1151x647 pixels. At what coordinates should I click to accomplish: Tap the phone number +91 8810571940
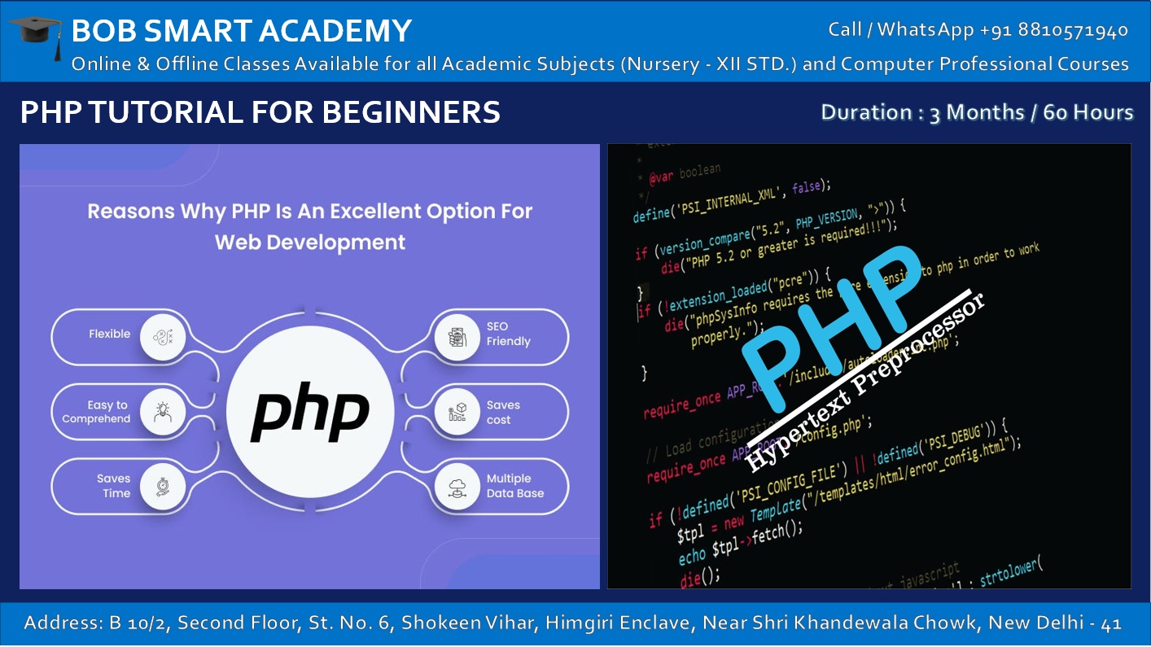(x=1054, y=30)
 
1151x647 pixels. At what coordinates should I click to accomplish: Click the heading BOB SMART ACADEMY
(x=242, y=31)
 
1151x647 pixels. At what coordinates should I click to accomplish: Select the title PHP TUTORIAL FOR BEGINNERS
(x=260, y=111)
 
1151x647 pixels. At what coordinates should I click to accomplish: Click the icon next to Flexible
(x=164, y=336)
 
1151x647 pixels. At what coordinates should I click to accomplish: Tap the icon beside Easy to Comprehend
(x=164, y=411)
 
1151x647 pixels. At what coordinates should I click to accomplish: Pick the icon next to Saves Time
(x=164, y=486)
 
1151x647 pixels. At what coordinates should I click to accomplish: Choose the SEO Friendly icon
(x=457, y=336)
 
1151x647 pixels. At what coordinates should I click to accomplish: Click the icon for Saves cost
(x=457, y=411)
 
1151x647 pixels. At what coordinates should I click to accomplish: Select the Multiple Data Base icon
(x=457, y=486)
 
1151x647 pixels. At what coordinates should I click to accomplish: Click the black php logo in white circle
(x=309, y=411)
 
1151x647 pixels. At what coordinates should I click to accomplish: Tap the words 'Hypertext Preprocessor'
(x=866, y=381)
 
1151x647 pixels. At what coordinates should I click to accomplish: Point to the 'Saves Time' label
(x=114, y=486)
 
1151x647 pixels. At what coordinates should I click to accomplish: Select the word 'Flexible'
(x=110, y=334)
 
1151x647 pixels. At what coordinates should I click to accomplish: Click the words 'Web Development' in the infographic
(x=310, y=242)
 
